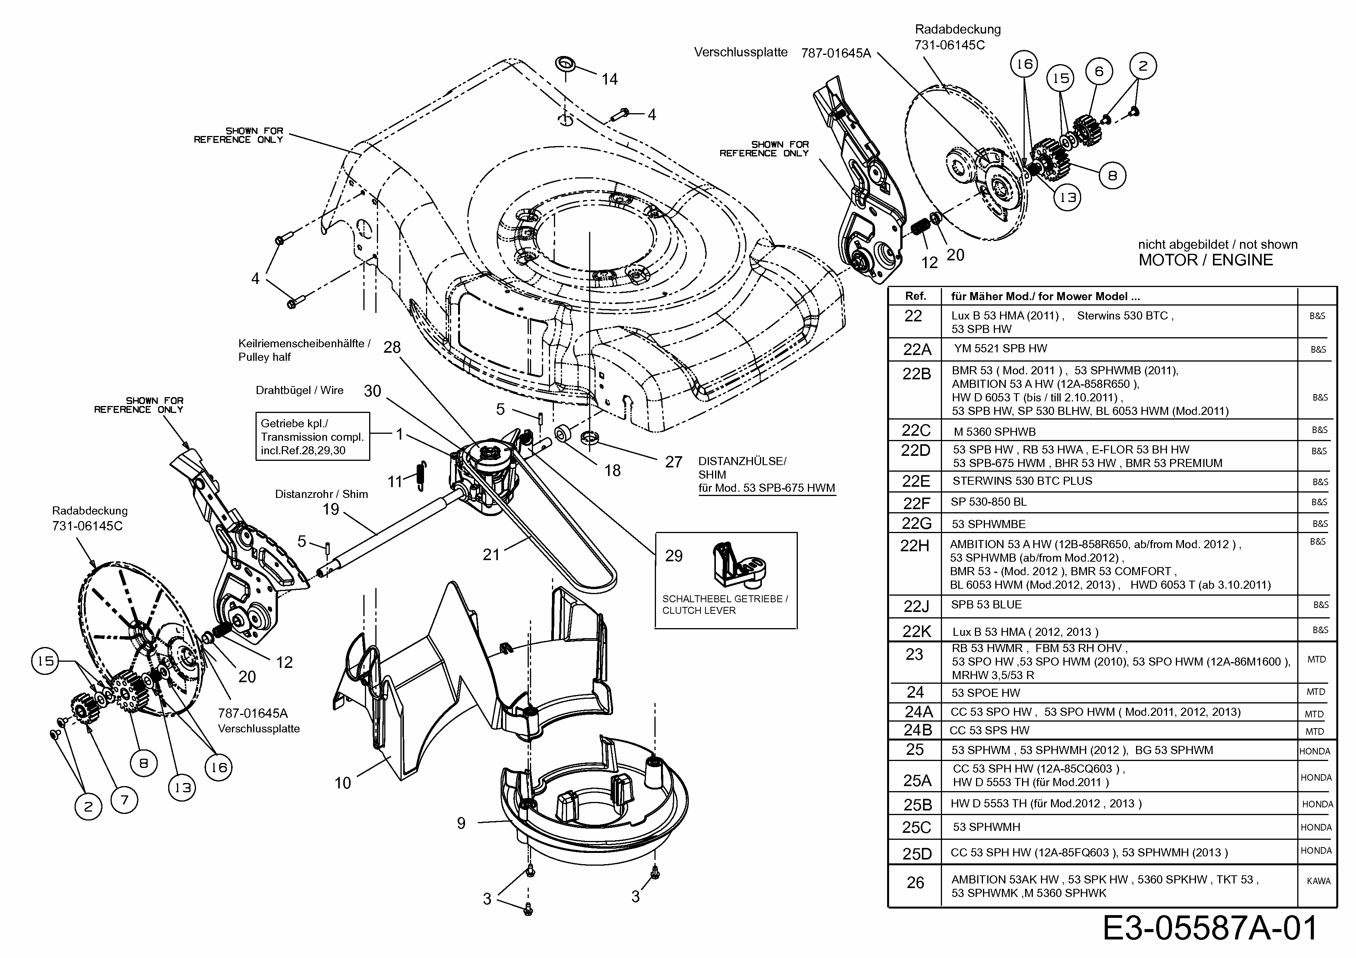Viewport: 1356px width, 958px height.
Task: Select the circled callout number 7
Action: tap(124, 800)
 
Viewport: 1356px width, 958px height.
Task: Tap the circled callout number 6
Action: tap(1099, 72)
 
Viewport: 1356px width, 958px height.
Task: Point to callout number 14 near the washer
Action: tap(610, 79)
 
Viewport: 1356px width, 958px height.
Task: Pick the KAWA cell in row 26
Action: tap(1318, 881)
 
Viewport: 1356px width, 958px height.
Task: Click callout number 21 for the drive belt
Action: tap(491, 554)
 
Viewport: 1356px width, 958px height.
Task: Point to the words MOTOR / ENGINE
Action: tap(1205, 260)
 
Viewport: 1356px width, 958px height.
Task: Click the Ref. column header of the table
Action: tap(915, 296)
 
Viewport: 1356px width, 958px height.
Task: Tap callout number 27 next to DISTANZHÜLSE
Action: tap(673, 462)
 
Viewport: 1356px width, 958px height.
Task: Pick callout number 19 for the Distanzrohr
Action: tap(331, 510)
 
